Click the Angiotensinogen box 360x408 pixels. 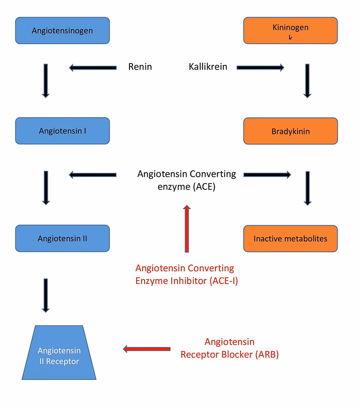[x=62, y=30]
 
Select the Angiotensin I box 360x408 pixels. [x=62, y=131]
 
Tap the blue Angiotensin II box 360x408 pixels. [x=62, y=238]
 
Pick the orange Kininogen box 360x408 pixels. [x=290, y=30]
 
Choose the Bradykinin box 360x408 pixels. [x=290, y=131]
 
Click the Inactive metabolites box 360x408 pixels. [x=290, y=239]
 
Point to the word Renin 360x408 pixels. [x=140, y=67]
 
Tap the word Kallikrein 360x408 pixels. [x=208, y=67]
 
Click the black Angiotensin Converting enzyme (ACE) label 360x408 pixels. [x=187, y=180]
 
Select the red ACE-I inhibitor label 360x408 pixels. [x=187, y=274]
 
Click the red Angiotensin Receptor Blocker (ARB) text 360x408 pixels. [x=229, y=348]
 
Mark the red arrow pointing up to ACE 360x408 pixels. [x=187, y=228]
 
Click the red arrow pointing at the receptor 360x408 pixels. [x=147, y=349]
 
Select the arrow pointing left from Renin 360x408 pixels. [x=93, y=68]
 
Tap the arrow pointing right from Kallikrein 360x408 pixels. [x=260, y=67]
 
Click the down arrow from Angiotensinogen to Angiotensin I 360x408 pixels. [x=46, y=81]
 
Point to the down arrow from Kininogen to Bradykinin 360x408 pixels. [x=307, y=81]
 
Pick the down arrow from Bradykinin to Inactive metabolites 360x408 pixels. [x=307, y=188]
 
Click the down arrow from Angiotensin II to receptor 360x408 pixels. [x=46, y=295]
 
